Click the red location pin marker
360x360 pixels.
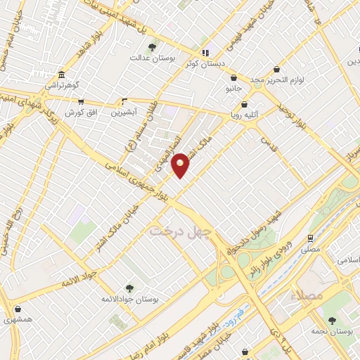[181, 165]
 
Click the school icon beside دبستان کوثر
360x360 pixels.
[205, 52]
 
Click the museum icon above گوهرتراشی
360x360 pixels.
[61, 75]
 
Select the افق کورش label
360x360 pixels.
[75, 112]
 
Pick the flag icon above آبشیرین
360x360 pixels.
[124, 101]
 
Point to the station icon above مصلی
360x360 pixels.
[310, 238]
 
